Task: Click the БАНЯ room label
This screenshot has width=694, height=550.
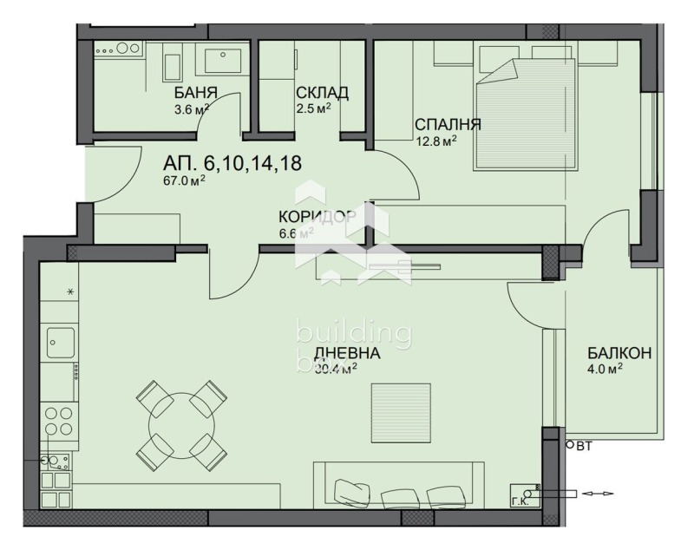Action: (195, 93)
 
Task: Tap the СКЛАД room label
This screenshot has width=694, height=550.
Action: (322, 93)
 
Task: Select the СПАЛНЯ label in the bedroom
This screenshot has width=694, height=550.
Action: (448, 124)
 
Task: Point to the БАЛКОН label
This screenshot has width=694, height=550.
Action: (619, 353)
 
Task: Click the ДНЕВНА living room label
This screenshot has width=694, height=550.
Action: (347, 353)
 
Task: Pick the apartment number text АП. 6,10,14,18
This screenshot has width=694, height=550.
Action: (232, 163)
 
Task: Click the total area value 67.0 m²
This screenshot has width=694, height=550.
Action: (185, 181)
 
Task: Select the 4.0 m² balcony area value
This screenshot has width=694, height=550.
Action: (605, 368)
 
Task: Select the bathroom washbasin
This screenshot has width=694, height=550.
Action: (225, 62)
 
